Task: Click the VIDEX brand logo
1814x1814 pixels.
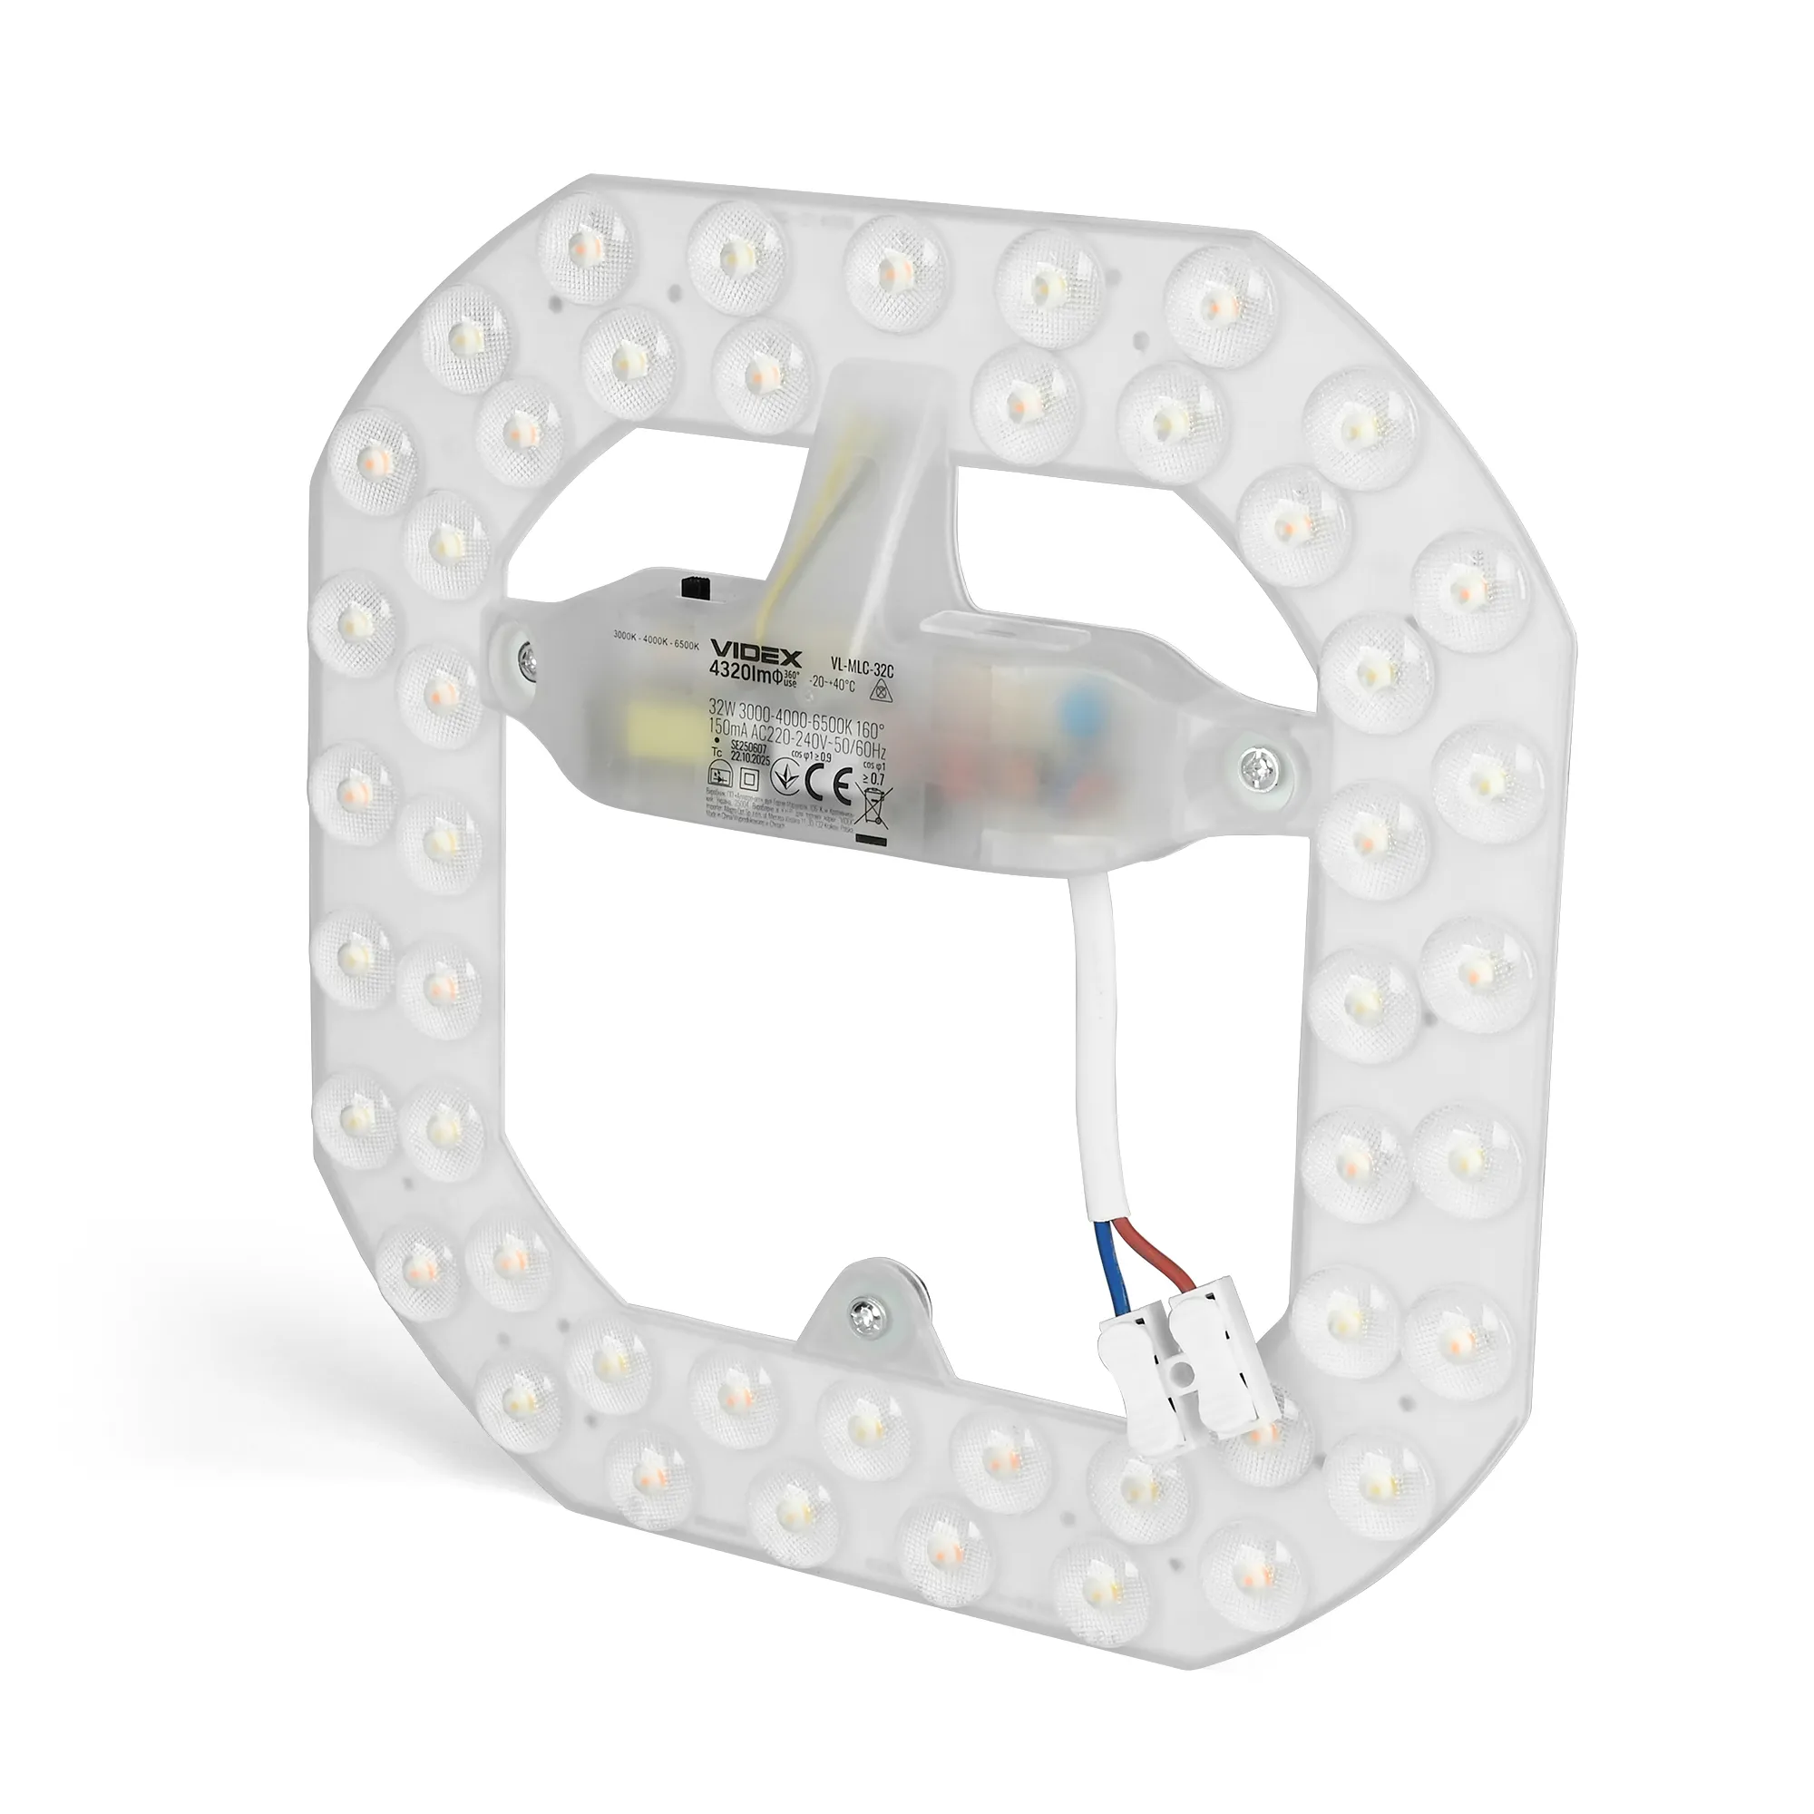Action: coord(754,649)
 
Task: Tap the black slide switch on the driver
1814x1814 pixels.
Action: coord(697,590)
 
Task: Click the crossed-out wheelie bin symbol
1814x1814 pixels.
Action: coord(873,804)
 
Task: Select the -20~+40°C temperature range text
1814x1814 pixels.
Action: coord(833,683)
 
